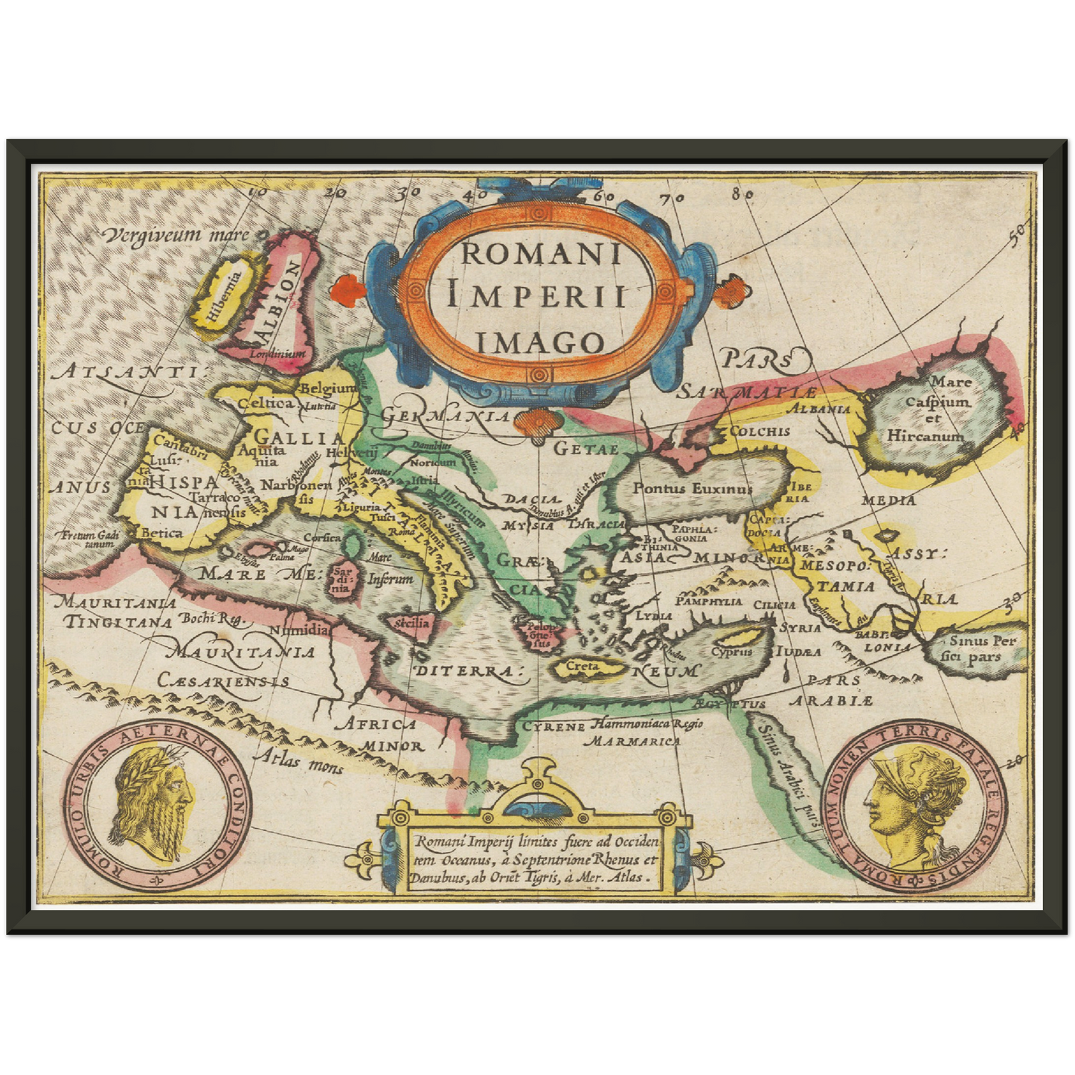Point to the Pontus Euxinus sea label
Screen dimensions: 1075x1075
(x=692, y=489)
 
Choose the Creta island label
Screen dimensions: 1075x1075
(x=583, y=667)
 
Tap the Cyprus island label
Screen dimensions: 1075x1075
(x=732, y=651)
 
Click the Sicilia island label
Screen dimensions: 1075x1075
(x=412, y=622)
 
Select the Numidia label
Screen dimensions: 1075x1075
(x=298, y=629)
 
